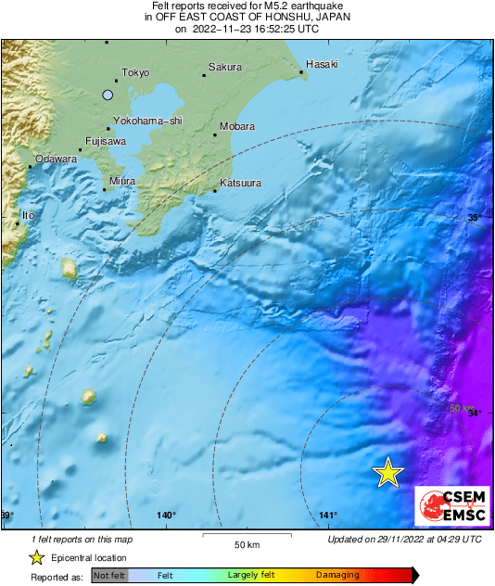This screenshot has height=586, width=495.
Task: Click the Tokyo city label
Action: click(135, 72)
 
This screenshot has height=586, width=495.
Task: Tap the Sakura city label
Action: click(225, 67)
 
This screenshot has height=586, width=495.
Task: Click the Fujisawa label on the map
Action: click(105, 142)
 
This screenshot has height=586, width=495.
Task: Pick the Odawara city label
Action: click(56, 159)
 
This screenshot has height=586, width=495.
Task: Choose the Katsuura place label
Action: click(240, 184)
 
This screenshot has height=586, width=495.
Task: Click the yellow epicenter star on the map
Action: click(388, 473)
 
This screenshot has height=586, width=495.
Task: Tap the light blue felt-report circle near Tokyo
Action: click(108, 95)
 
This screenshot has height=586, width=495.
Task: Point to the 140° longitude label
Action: click(166, 516)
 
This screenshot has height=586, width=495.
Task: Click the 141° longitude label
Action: click(327, 516)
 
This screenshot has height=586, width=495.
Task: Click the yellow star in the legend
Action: click(36, 557)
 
